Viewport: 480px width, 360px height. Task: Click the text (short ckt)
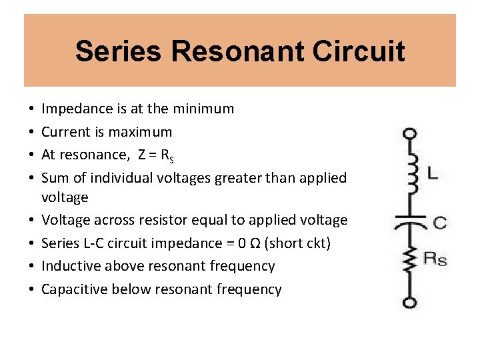[297, 243]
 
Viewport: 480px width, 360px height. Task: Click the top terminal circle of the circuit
[410, 134]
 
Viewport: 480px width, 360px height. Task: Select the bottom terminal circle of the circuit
[410, 303]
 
